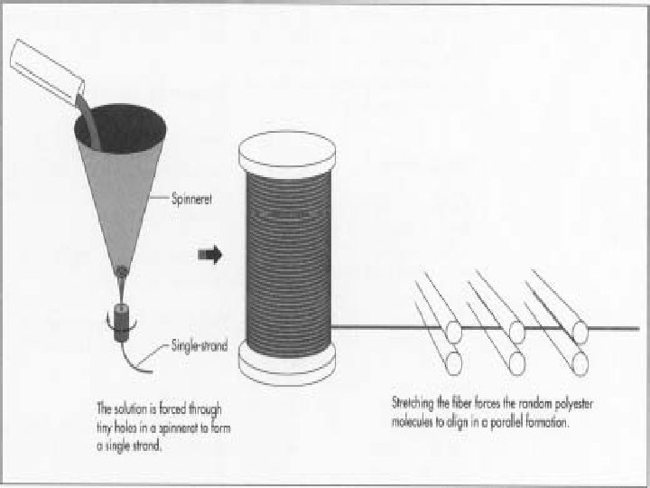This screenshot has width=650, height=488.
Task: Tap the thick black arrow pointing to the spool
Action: point(209,256)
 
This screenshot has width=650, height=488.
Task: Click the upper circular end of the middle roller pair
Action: point(516,333)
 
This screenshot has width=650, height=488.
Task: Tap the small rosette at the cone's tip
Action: point(123,270)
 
